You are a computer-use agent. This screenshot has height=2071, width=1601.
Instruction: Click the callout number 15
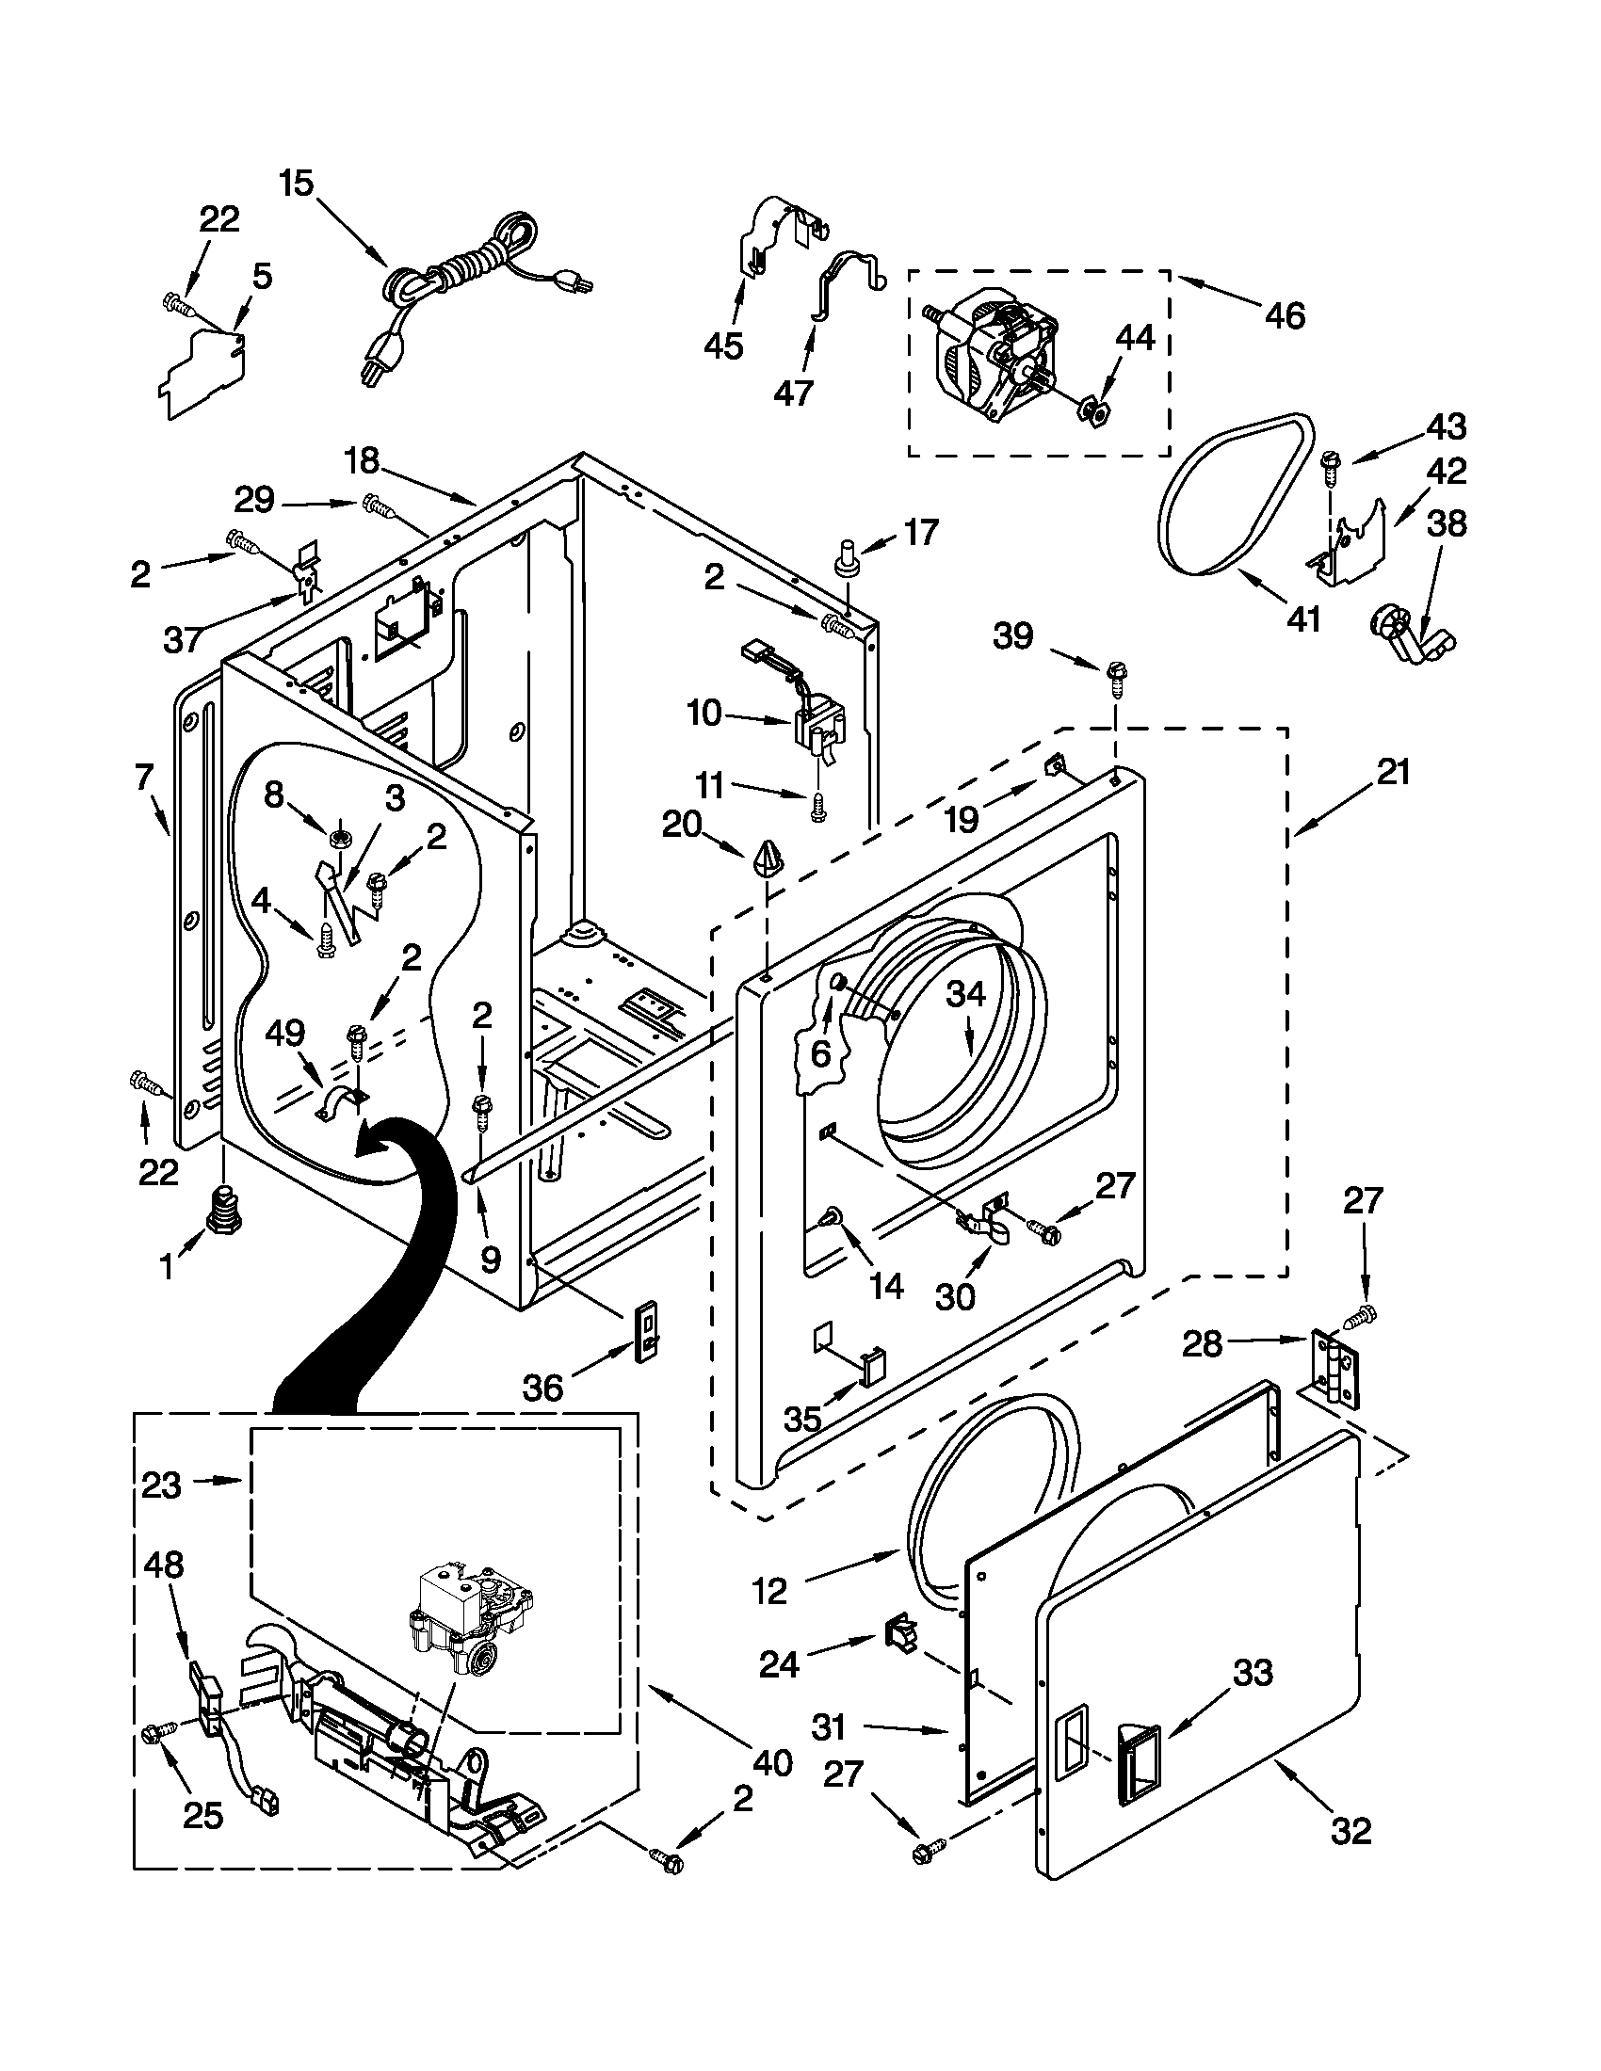tap(296, 182)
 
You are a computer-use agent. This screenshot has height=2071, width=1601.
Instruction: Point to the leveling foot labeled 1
tap(223, 1212)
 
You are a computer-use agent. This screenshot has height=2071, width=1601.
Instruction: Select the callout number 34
tap(966, 995)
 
